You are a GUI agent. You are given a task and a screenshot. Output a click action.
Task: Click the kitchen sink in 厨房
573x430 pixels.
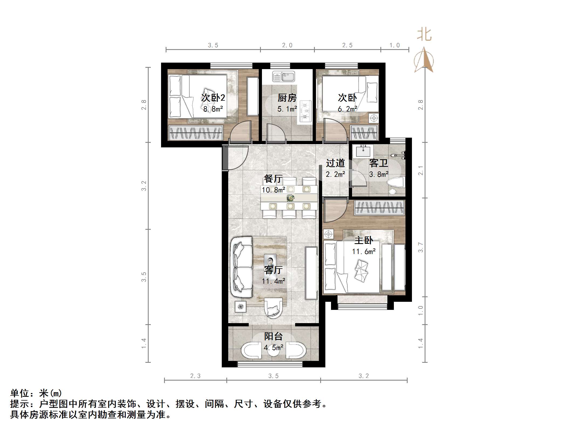coord(284,76)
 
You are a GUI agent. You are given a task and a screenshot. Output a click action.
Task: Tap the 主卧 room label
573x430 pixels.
coord(364,240)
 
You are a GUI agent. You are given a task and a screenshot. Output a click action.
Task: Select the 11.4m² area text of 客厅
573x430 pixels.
coord(273,281)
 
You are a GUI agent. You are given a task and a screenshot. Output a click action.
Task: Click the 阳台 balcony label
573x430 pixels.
coord(273,336)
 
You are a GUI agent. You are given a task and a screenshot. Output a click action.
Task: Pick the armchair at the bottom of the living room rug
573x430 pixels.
coord(273,308)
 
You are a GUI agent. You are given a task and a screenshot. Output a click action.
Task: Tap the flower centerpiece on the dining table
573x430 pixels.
coord(290,198)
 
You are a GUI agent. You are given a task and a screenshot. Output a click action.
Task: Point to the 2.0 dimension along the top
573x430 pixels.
coord(287,45)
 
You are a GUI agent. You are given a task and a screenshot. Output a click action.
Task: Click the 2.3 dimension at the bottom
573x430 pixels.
coord(195,376)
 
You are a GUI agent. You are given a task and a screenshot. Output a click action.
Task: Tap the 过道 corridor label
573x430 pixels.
coord(335,163)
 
